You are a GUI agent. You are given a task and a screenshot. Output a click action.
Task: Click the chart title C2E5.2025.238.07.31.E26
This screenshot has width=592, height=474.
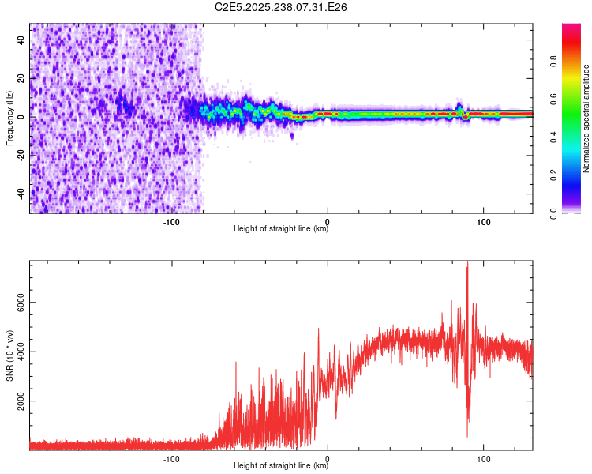[x=282, y=7]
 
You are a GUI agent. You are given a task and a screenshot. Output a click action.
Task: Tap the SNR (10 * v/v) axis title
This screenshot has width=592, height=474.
[x=9, y=356]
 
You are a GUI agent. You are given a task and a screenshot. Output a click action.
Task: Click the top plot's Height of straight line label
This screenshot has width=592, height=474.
[x=281, y=229]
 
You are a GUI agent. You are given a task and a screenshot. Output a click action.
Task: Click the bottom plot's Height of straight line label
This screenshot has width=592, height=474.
[x=281, y=466]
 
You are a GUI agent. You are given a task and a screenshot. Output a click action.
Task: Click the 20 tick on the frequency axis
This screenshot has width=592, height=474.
[x=21, y=78]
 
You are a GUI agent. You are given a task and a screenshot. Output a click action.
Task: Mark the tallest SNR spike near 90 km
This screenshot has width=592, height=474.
[x=467, y=264]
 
